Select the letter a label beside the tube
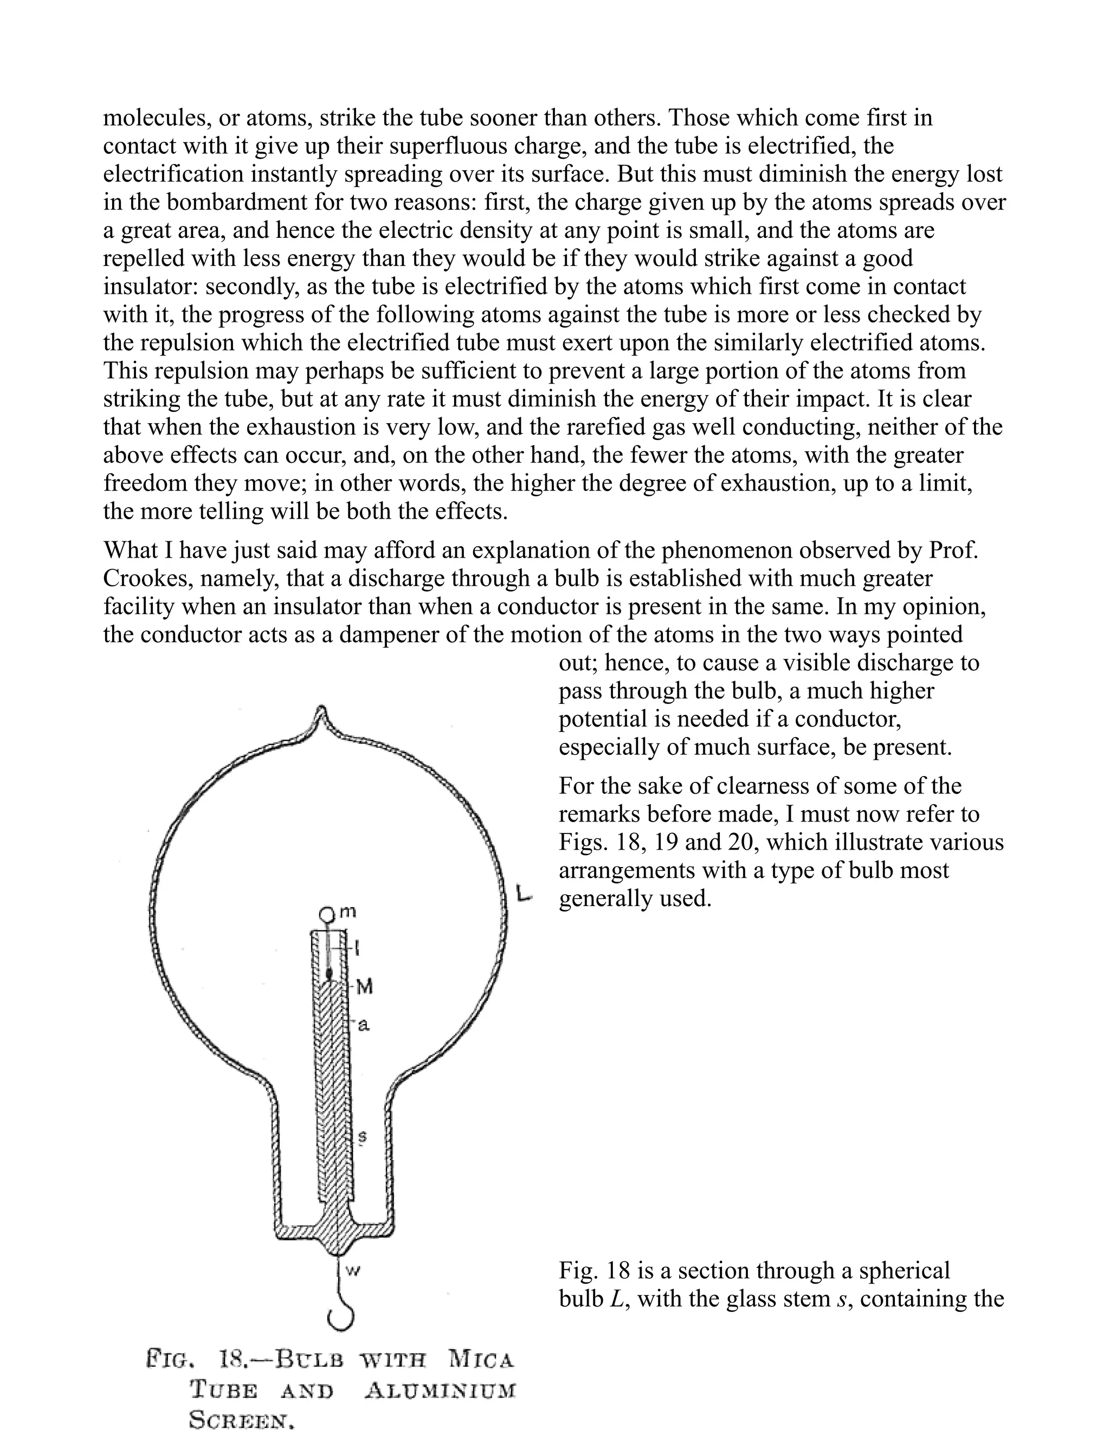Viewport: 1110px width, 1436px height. (x=363, y=1024)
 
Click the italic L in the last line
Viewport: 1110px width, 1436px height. (x=616, y=1299)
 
